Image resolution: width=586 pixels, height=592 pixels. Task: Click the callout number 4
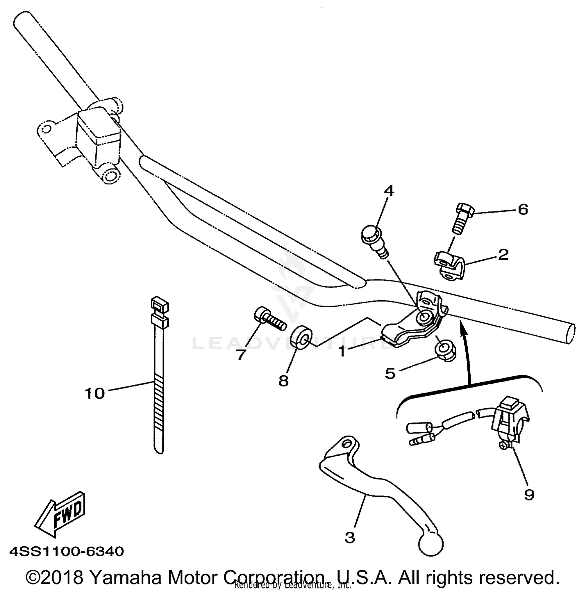[x=389, y=191]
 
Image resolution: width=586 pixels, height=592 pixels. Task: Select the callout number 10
[x=95, y=393]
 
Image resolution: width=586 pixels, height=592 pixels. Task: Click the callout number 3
[x=350, y=537]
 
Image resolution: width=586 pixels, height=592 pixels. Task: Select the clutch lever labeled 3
[x=375, y=488]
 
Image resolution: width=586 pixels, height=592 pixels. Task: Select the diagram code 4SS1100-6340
[x=67, y=551]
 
